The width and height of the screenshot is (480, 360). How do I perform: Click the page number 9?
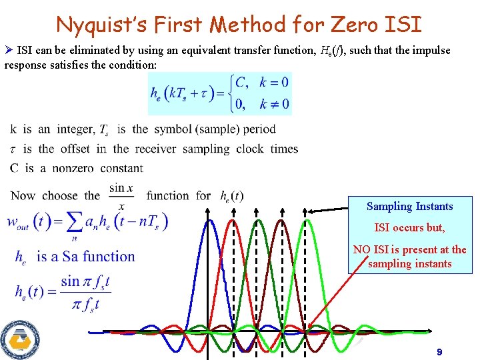tap(439, 351)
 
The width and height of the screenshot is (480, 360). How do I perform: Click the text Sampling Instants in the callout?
tap(409, 207)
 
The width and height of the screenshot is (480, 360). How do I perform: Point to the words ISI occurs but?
tap(409, 227)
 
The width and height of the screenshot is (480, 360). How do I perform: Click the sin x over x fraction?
tap(121, 195)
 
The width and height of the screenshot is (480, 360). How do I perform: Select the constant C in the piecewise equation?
tap(242, 83)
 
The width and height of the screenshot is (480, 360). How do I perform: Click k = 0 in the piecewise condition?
tap(274, 83)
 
